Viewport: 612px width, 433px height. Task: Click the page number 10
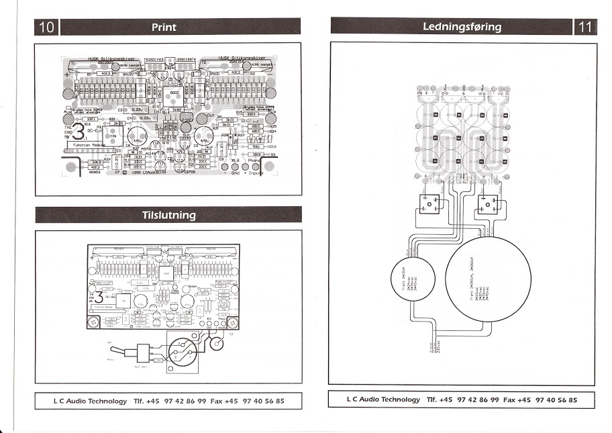(48, 28)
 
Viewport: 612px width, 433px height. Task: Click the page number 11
(584, 28)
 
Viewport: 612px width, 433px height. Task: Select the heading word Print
(164, 28)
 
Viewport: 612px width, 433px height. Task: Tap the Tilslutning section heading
(168, 215)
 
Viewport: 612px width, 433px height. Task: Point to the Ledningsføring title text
(462, 28)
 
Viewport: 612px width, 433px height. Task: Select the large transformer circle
(489, 277)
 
